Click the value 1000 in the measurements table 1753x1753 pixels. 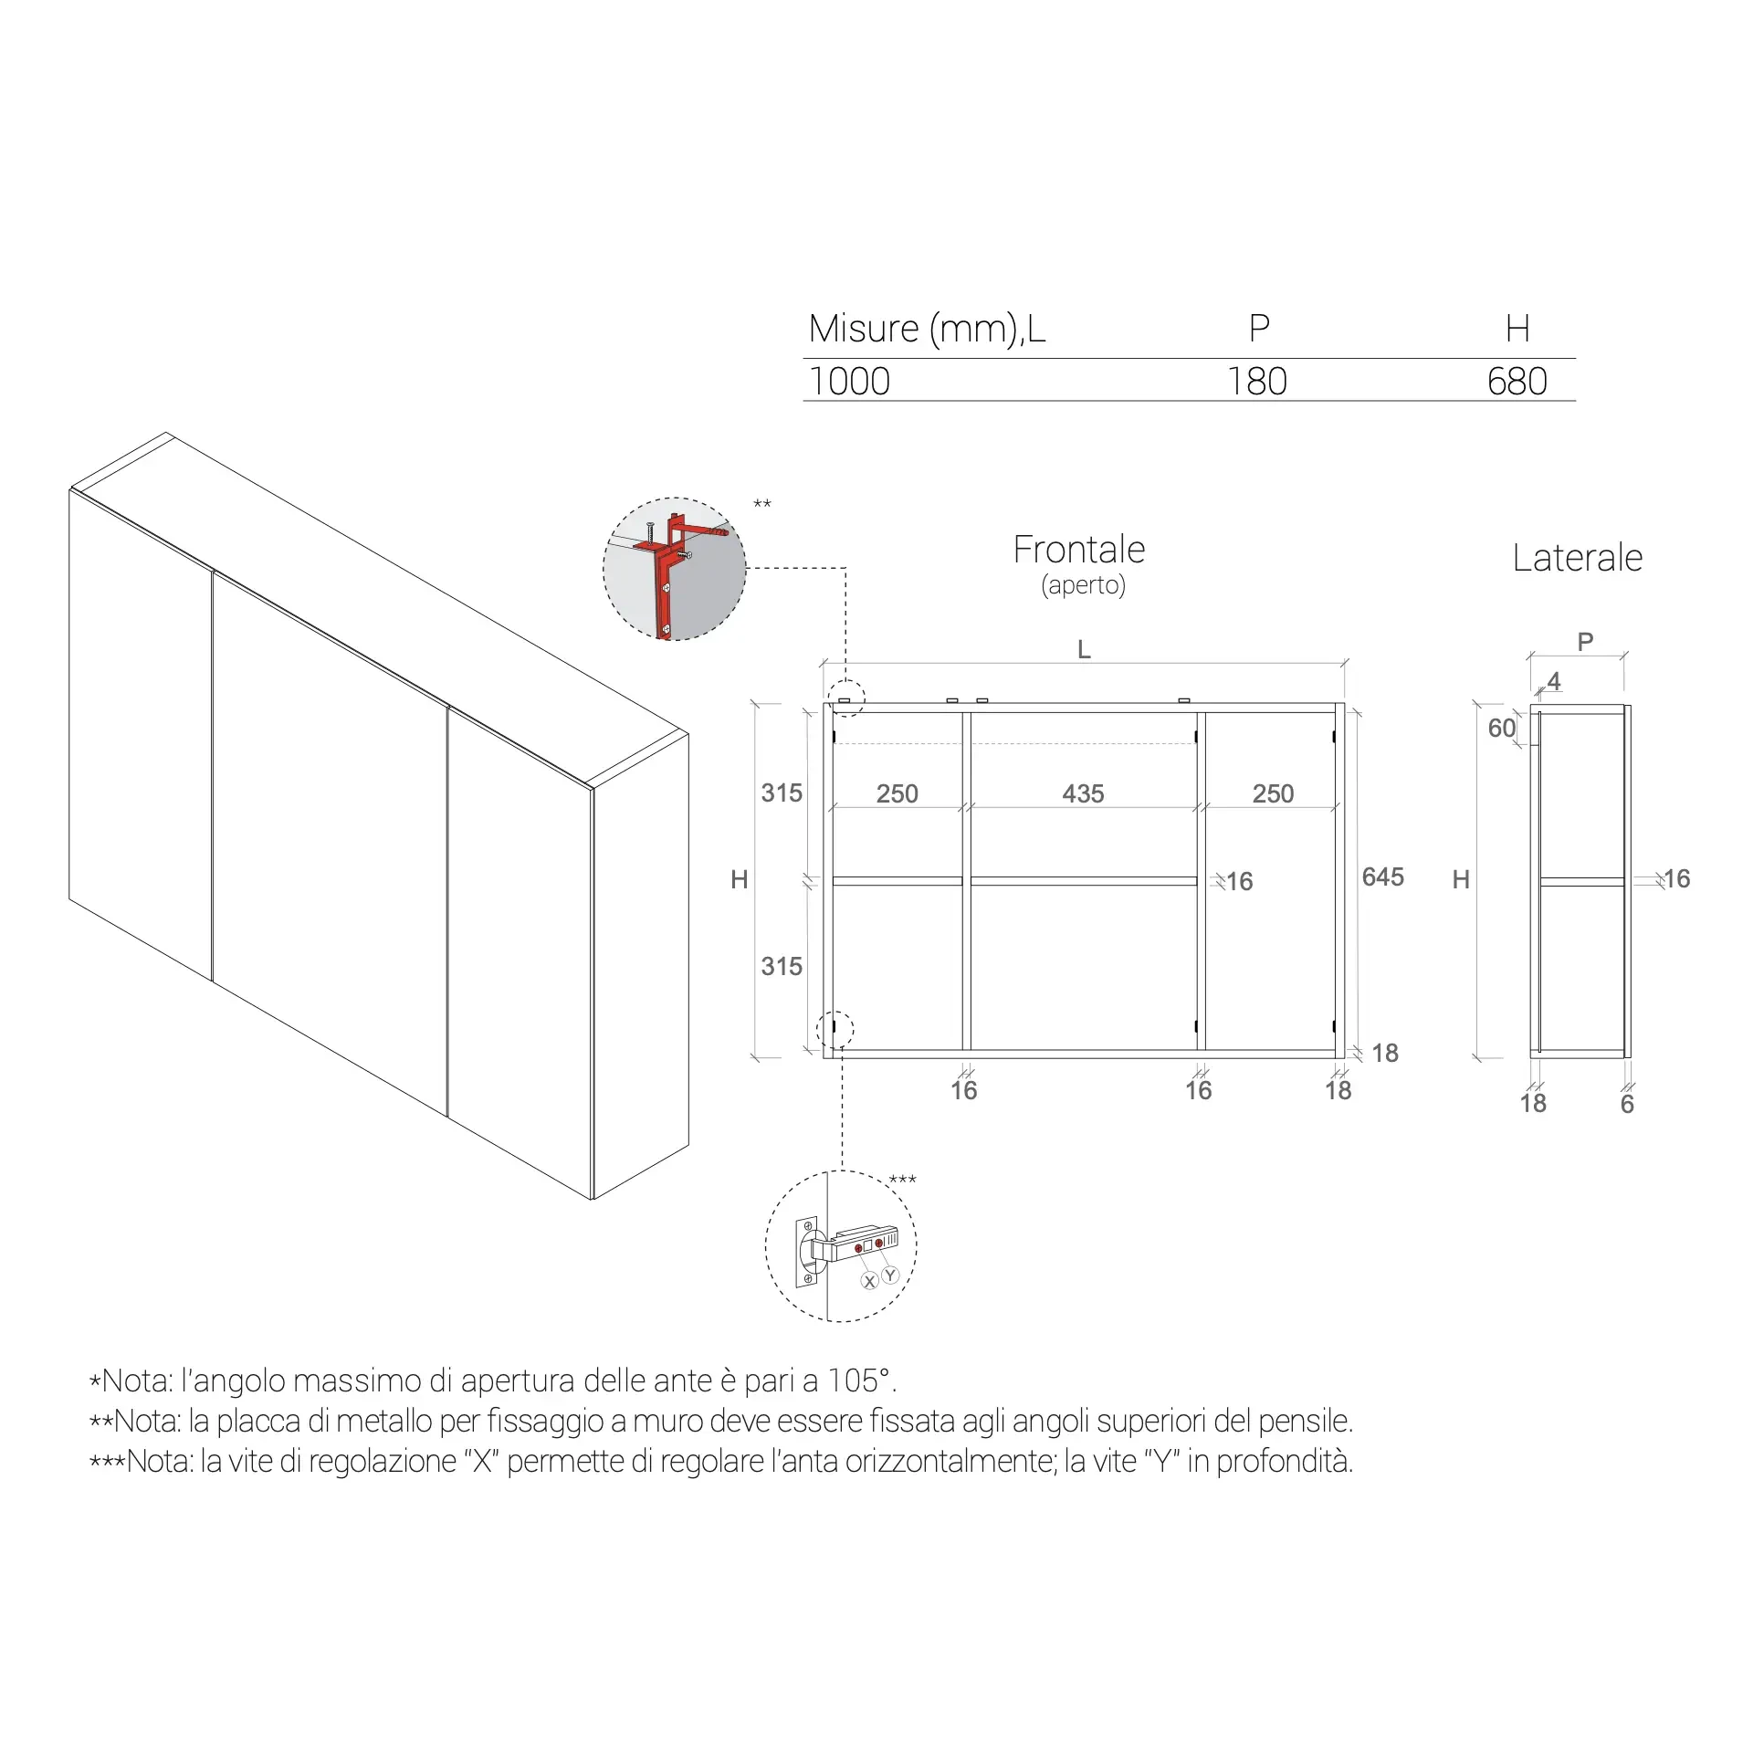point(849,382)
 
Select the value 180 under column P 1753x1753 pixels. point(1257,382)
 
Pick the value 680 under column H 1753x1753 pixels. point(1517,382)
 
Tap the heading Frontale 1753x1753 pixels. point(1079,550)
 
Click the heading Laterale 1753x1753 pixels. point(1577,558)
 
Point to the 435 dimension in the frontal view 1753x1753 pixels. point(1083,793)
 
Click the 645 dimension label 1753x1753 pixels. point(1382,876)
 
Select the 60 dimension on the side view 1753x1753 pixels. point(1501,728)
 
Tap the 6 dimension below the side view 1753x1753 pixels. point(1627,1105)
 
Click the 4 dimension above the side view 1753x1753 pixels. point(1554,681)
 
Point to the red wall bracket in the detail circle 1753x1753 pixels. point(674,568)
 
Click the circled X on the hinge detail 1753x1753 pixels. point(869,1281)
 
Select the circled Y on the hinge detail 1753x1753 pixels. point(890,1275)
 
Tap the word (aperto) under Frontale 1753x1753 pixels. point(1083,585)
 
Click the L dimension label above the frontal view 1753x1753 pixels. point(1084,650)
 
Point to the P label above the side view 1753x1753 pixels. point(1585,642)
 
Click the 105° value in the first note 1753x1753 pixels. point(859,1380)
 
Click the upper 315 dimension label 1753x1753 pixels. point(782,793)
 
